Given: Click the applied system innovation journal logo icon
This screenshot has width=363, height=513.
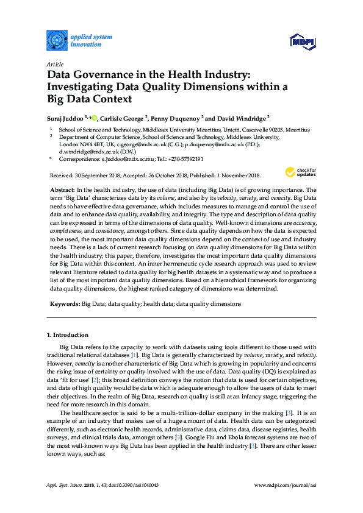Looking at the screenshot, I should click(x=56, y=40).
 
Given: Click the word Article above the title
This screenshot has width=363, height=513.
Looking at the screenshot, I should click(x=54, y=64).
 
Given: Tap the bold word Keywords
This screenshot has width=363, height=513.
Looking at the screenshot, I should click(x=63, y=303).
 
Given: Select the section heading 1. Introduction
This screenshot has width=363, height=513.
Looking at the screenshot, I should click(x=68, y=334).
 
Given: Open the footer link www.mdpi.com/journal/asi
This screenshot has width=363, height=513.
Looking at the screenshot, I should click(x=286, y=486).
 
